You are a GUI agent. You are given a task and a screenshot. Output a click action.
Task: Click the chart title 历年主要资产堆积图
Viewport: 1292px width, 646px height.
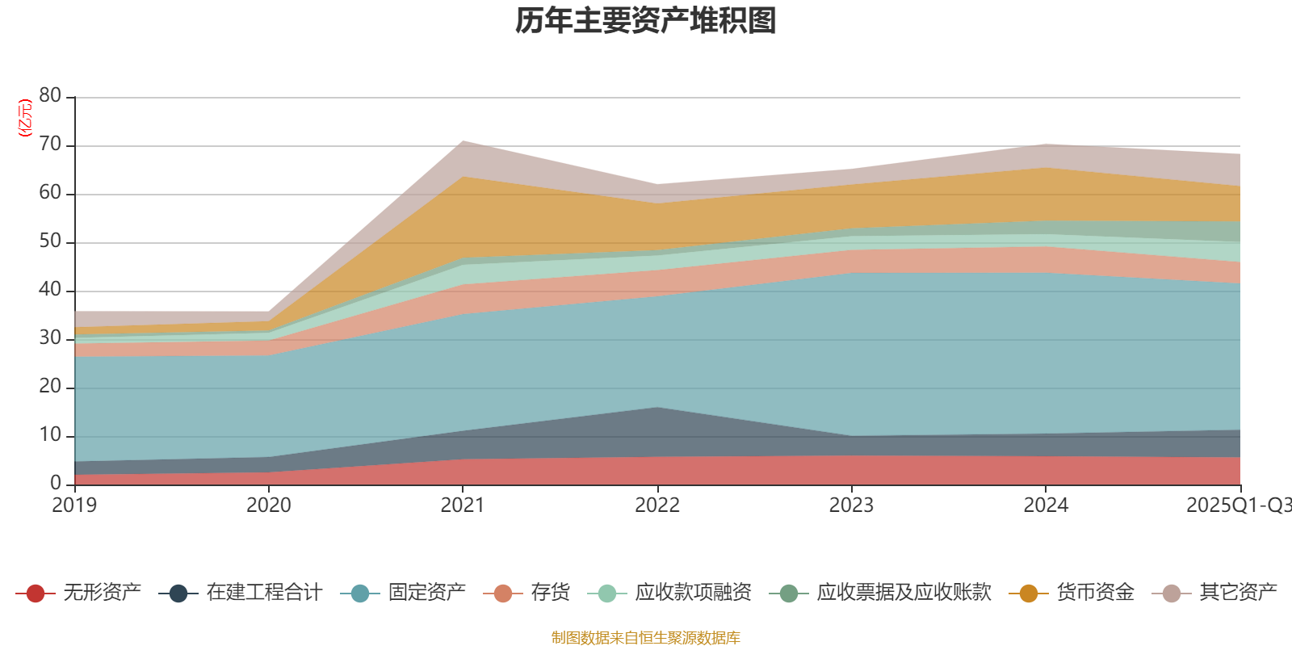pos(646,21)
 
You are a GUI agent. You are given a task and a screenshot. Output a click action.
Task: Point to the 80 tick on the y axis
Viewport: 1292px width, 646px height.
pos(50,96)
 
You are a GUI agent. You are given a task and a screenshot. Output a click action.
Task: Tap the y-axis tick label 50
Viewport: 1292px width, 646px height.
pos(50,241)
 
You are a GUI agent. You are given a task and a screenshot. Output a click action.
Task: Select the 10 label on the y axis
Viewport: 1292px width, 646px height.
pos(50,435)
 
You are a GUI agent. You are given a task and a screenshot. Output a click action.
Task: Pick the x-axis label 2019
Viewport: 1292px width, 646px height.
pos(74,505)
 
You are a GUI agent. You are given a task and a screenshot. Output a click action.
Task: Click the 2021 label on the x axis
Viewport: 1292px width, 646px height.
pos(463,505)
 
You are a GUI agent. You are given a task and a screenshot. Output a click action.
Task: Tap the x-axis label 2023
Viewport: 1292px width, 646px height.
pos(851,505)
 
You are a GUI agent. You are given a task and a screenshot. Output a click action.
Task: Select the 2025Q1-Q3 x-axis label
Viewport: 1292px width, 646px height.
pos(1237,505)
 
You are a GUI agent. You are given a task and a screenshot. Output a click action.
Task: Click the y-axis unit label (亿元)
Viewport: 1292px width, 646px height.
pos(25,118)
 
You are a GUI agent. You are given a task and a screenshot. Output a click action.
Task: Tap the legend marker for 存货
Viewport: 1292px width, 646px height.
pos(503,594)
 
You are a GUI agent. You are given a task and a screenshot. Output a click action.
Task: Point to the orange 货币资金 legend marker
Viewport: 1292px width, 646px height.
pos(1029,594)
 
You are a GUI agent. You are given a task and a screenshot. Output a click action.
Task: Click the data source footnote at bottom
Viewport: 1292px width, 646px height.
pos(646,638)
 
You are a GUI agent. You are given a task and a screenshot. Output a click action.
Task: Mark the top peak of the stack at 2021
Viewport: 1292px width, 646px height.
pos(463,141)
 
